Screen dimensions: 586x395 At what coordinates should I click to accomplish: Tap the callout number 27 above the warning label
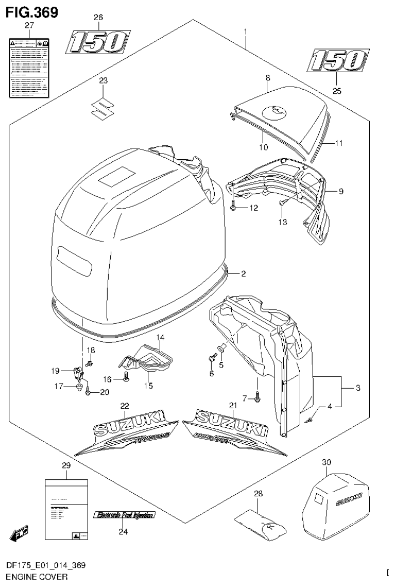click(x=29, y=25)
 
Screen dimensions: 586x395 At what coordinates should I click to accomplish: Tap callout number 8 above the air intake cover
click(x=267, y=77)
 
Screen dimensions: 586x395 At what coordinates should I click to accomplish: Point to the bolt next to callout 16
click(x=126, y=380)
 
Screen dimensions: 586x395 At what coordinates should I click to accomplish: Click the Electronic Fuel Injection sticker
click(x=124, y=515)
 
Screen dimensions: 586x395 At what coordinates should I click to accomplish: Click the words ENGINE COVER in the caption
click(x=32, y=577)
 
